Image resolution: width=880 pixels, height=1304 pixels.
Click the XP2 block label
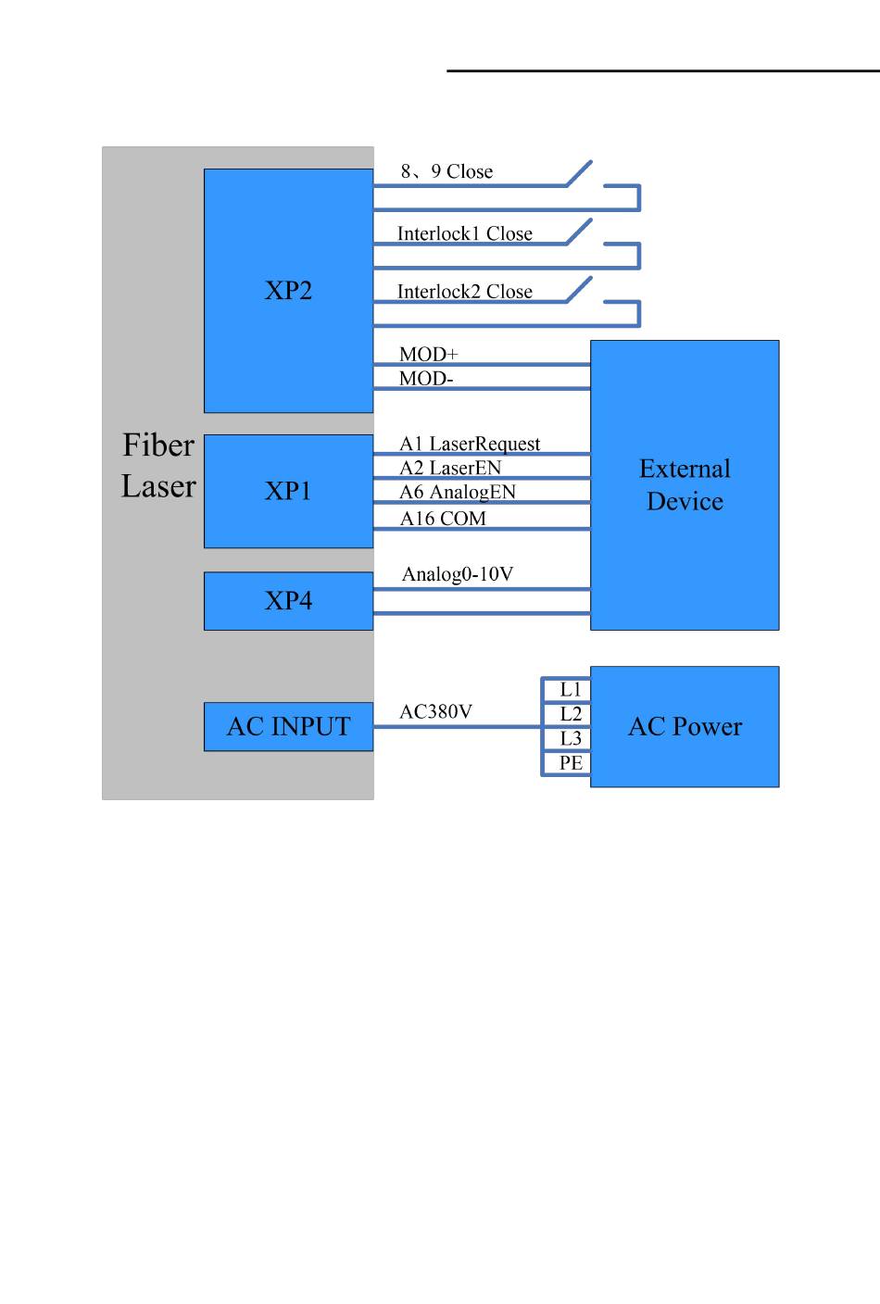pyautogui.click(x=288, y=291)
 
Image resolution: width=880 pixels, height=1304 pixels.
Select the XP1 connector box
pyautogui.click(x=288, y=492)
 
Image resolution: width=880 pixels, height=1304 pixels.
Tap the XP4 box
pyautogui.click(x=288, y=601)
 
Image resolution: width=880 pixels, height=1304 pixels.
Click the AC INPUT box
pyautogui.click(x=288, y=726)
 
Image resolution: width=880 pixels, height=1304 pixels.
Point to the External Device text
pyautogui.click(x=685, y=485)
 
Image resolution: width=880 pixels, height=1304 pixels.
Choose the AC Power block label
pyautogui.click(x=685, y=726)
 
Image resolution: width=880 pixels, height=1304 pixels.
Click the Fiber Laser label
pyautogui.click(x=158, y=465)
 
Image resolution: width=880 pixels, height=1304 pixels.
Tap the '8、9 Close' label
pyautogui.click(x=446, y=171)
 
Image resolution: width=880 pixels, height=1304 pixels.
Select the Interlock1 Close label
pyautogui.click(x=465, y=233)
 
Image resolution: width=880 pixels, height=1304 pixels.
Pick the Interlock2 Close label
pyautogui.click(x=465, y=291)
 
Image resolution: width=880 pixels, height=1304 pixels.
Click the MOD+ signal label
pyautogui.click(x=429, y=354)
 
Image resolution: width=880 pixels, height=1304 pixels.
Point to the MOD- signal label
pyautogui.click(x=426, y=379)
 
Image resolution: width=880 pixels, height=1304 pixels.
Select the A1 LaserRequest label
pyautogui.click(x=470, y=445)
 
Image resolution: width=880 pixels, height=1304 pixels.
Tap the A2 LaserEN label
pyautogui.click(x=450, y=468)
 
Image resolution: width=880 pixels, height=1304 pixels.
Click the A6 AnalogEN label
pyautogui.click(x=458, y=493)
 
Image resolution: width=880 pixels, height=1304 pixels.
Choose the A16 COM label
pyautogui.click(x=443, y=518)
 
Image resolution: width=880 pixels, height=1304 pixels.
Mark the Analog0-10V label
pyautogui.click(x=458, y=574)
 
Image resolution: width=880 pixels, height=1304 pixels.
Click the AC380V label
pyautogui.click(x=435, y=711)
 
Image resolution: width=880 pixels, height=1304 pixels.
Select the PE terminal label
pyautogui.click(x=571, y=762)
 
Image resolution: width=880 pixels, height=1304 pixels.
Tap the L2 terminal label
pyautogui.click(x=571, y=714)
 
